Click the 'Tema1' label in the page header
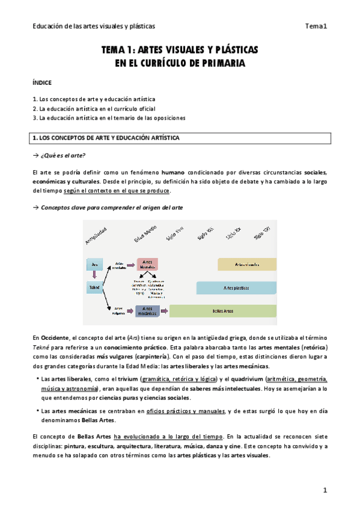tap(316, 26)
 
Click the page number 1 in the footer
tap(325, 491)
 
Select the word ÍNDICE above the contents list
tap(43, 82)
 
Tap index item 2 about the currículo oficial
tap(94, 108)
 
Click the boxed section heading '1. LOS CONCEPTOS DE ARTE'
tap(106, 138)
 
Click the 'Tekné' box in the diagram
tap(94, 287)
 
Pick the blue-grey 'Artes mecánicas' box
tap(147, 311)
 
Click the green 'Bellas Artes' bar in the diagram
tap(222, 311)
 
